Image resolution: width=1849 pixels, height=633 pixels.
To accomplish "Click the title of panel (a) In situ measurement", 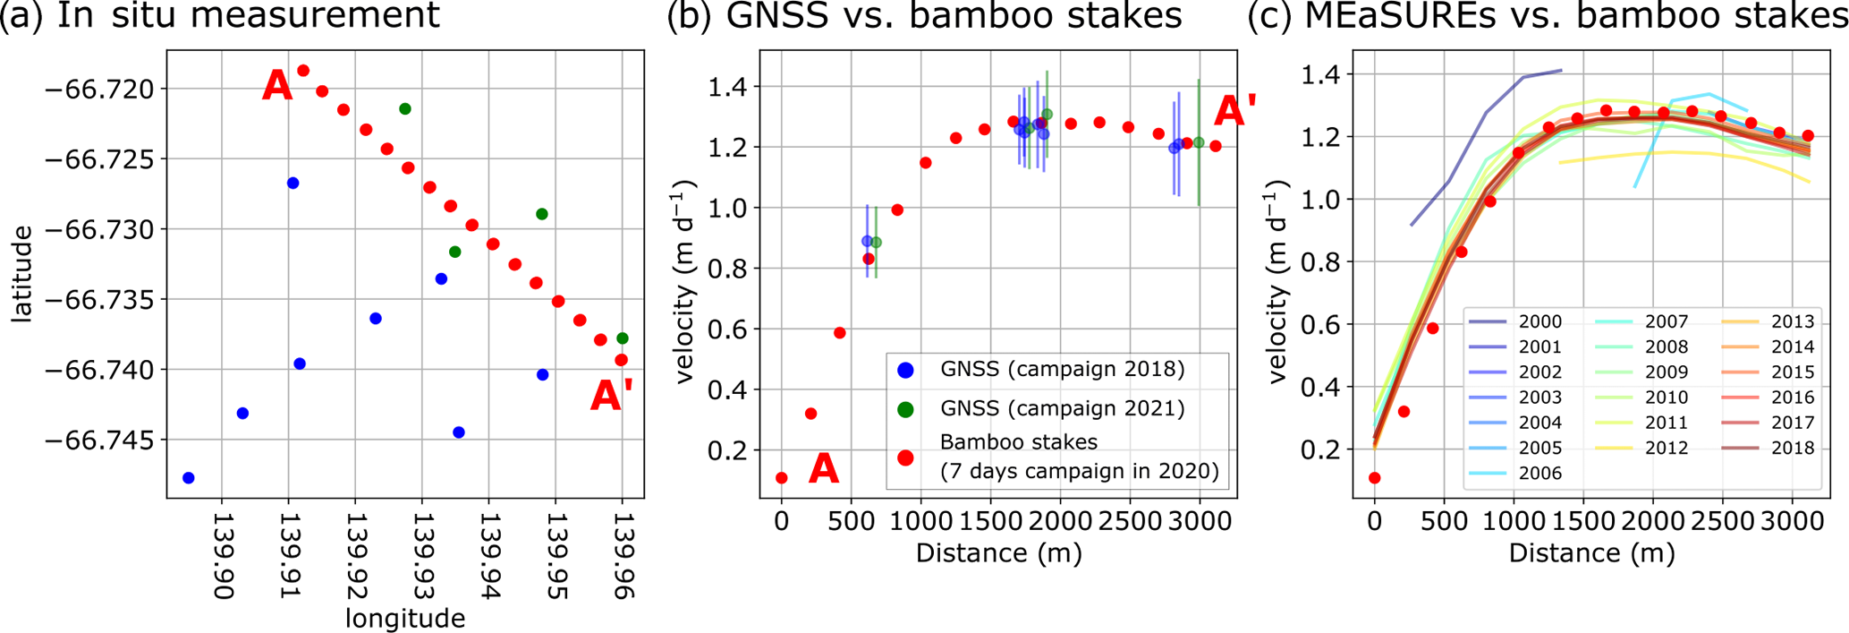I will [220, 15].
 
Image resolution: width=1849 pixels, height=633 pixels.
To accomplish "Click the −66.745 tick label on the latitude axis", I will [105, 440].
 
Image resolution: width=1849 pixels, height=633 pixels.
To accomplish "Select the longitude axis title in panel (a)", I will [405, 619].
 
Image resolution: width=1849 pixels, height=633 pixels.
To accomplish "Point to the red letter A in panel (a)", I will [277, 87].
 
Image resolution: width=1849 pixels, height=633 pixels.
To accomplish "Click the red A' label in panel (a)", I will [612, 396].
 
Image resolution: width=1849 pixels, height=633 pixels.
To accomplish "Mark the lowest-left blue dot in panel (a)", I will [189, 478].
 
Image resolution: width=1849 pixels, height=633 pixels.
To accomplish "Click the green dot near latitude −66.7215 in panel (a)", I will [405, 109].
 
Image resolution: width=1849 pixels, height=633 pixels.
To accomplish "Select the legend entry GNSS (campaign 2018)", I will [1062, 369].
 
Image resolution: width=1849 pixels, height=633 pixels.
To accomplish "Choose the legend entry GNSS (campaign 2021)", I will [1062, 408].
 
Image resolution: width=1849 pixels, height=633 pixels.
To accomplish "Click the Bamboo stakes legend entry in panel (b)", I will [1079, 457].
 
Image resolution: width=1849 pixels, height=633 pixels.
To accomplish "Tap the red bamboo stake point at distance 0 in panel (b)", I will [782, 478].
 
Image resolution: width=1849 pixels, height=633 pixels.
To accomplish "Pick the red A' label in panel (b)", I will [1234, 112].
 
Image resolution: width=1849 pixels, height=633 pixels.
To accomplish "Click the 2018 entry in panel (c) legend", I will [1793, 448].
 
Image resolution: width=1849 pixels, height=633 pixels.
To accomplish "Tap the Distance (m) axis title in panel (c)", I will [1591, 552].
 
